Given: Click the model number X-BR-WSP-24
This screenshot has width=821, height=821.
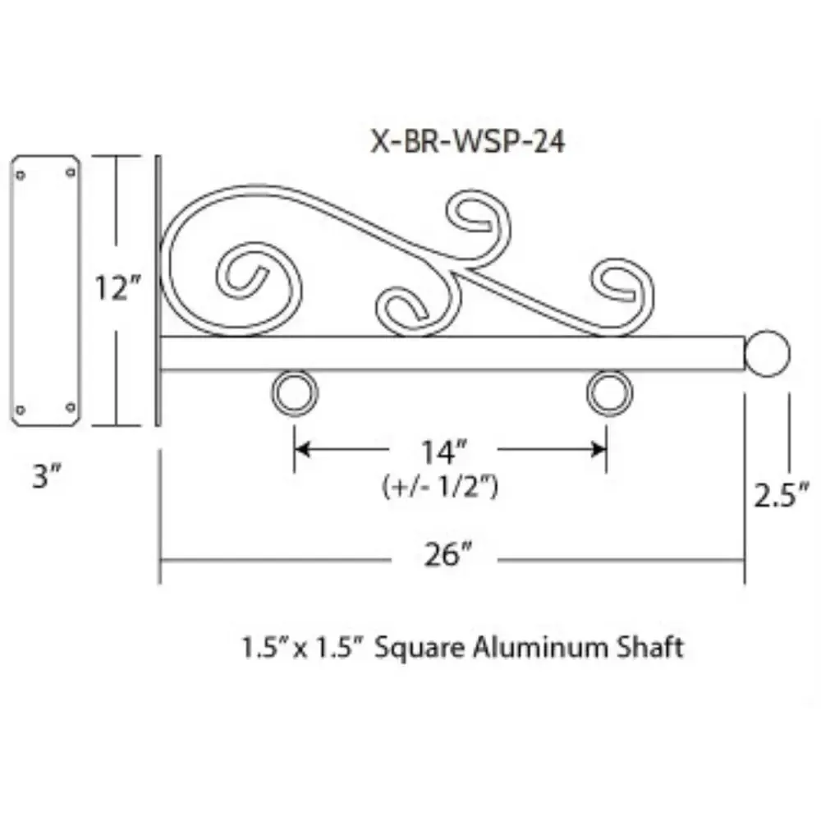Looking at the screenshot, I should pos(467,142).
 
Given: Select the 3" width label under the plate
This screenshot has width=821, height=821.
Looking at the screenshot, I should pos(46,477).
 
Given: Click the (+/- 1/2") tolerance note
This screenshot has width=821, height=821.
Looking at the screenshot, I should pos(441,487).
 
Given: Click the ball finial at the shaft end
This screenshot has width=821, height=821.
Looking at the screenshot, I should pos(768,352).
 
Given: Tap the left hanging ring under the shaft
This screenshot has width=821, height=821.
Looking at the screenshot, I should pos(294,393).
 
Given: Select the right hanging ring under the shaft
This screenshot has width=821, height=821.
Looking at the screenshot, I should pos(609,393).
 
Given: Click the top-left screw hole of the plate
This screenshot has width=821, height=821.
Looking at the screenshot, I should pos(21,173).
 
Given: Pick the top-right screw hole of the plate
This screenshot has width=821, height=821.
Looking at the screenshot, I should pos(70,172).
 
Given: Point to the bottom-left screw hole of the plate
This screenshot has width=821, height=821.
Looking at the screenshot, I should pos(21,408).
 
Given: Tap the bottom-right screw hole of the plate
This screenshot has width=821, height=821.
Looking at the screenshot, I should pos(70,407).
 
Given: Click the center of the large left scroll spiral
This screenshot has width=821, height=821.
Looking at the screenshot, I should pos(246,275).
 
